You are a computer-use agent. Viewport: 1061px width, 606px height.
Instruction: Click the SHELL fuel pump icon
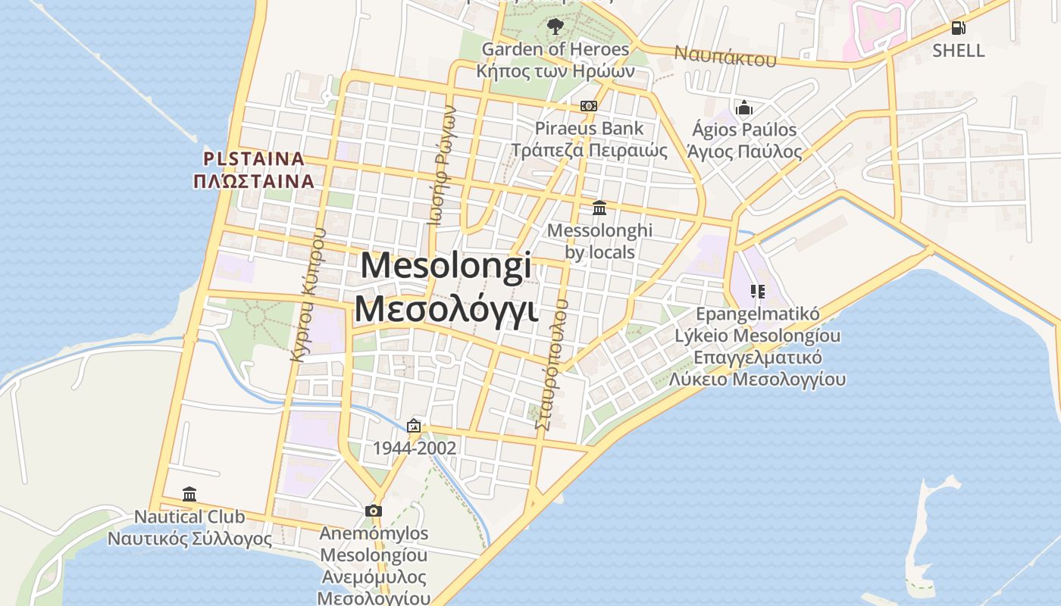point(958,28)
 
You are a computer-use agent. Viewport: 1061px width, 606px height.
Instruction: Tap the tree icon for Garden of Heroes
point(556,27)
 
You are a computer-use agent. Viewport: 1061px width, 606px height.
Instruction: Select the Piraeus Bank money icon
point(589,106)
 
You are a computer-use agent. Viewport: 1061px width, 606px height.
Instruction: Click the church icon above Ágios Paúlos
point(743,108)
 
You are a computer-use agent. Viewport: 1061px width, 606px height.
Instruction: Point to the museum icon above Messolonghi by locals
point(599,208)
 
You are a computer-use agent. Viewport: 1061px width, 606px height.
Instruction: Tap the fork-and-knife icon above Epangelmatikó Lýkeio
point(757,291)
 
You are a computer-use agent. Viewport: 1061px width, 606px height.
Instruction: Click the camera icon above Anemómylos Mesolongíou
point(374,511)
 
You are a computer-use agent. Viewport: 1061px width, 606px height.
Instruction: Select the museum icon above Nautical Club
point(189,495)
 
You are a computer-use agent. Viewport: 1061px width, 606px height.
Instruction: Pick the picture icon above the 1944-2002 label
point(414,426)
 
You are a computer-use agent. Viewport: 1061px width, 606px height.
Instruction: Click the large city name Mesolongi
point(446,267)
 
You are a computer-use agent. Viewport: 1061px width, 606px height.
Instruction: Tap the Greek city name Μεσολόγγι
point(446,309)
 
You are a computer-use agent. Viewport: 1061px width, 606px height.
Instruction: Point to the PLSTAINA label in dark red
point(254,159)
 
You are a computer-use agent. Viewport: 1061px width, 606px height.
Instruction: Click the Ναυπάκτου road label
point(725,55)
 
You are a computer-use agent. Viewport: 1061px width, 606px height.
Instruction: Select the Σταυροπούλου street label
point(552,364)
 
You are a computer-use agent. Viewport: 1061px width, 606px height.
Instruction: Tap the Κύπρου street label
point(309,295)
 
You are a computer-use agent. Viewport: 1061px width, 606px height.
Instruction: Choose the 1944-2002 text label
point(415,448)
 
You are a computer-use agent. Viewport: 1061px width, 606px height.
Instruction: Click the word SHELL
point(959,51)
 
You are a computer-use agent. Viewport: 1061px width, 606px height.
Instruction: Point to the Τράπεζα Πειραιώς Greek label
point(589,150)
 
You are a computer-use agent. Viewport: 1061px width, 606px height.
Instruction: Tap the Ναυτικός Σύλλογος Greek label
point(189,539)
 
